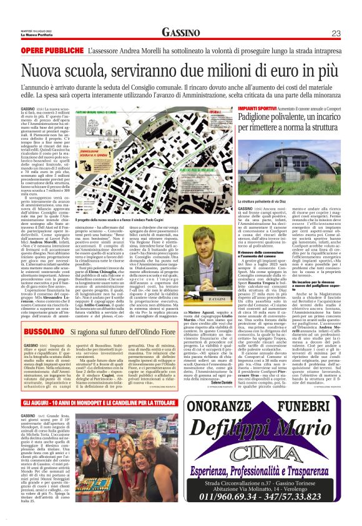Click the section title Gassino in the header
tap(180, 32)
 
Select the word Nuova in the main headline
tap(39, 66)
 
